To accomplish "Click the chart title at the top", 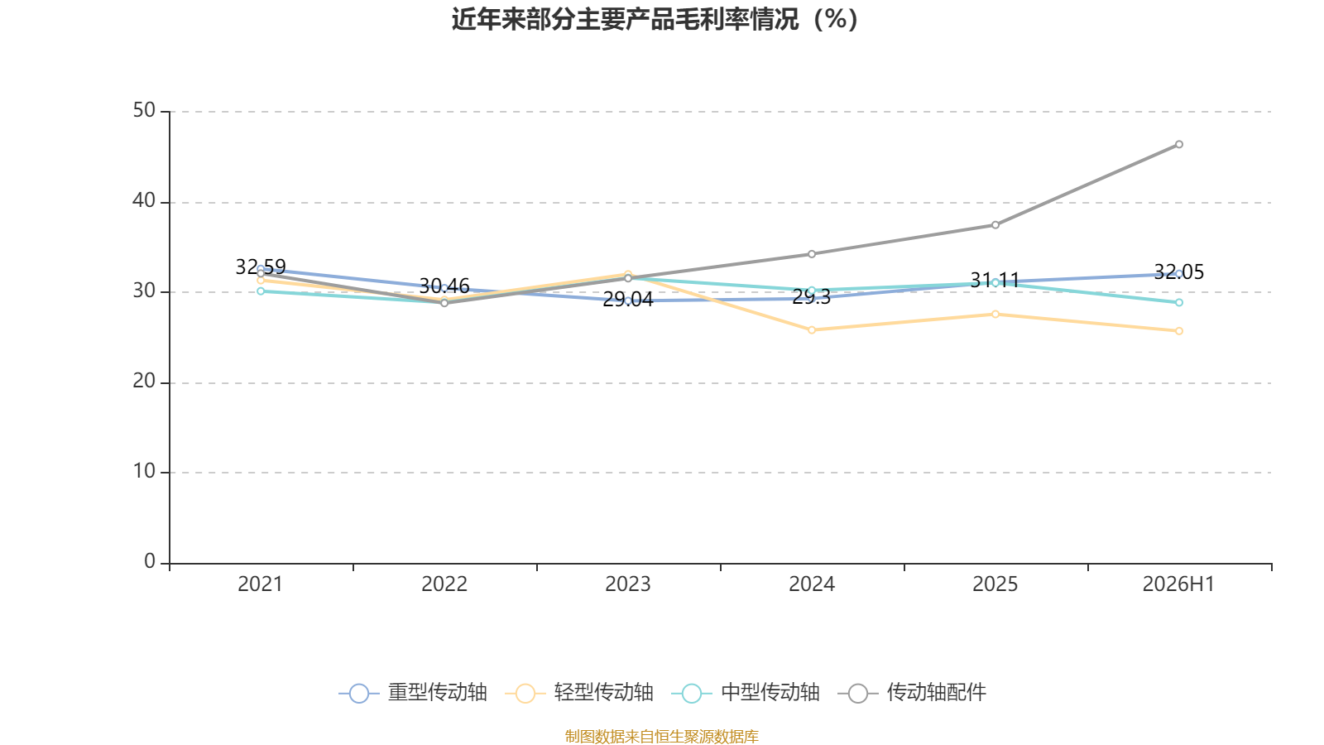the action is point(655,20).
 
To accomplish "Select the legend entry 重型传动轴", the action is point(413,692).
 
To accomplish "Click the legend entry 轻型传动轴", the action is point(579,692).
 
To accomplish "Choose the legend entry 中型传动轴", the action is point(746,692).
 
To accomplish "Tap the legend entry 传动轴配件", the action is point(912,692).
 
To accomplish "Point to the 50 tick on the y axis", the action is point(144,111).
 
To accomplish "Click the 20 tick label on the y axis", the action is point(144,382).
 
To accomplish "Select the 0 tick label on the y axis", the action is point(150,561).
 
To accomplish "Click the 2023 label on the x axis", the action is point(628,584).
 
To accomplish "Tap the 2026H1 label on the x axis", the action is point(1178,584).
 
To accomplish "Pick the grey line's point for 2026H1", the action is point(1179,144).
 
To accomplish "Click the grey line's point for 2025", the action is point(995,224).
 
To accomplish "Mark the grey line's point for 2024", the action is point(812,254).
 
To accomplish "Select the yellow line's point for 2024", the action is point(812,330).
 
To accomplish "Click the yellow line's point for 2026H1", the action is point(1179,331).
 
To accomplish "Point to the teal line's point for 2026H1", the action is point(1179,303).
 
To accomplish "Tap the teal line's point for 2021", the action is point(261,291).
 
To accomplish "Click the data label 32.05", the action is point(1178,272).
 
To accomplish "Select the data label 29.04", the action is point(628,300).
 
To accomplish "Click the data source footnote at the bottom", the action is point(661,736).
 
